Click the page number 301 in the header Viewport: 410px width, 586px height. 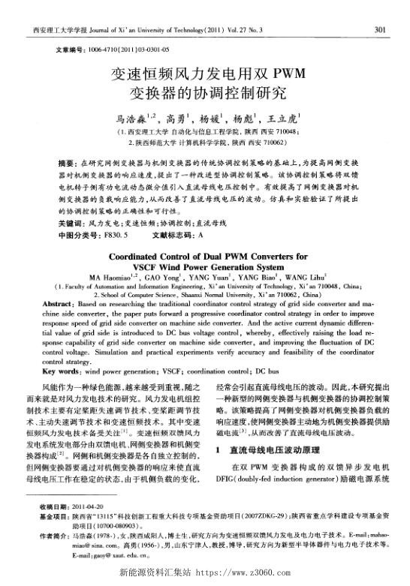click(x=379, y=29)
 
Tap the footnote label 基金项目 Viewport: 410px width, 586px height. click(x=54, y=538)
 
